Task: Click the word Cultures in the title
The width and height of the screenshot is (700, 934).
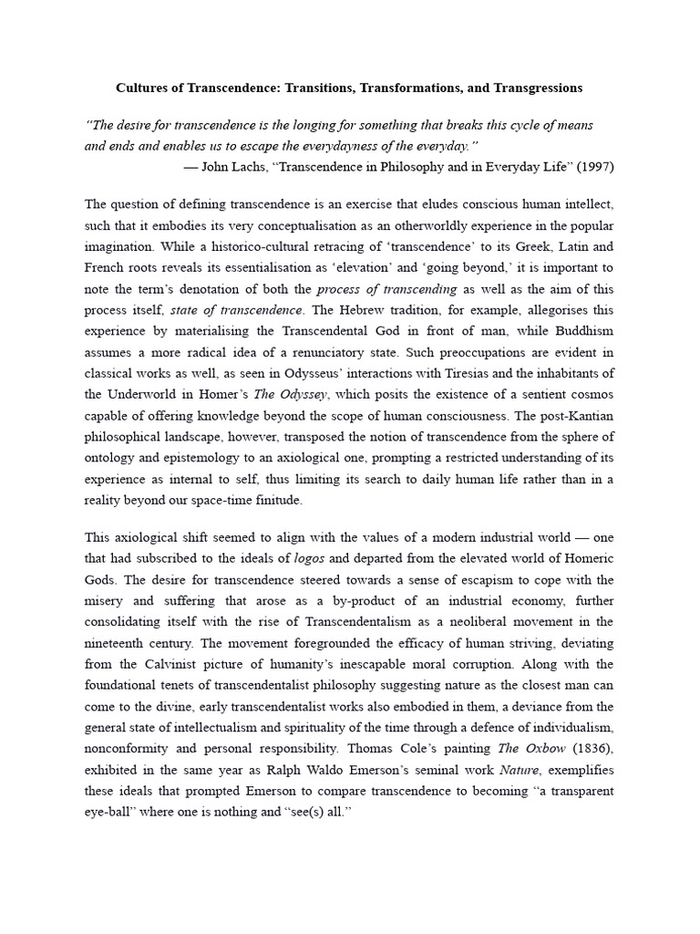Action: (142, 88)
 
